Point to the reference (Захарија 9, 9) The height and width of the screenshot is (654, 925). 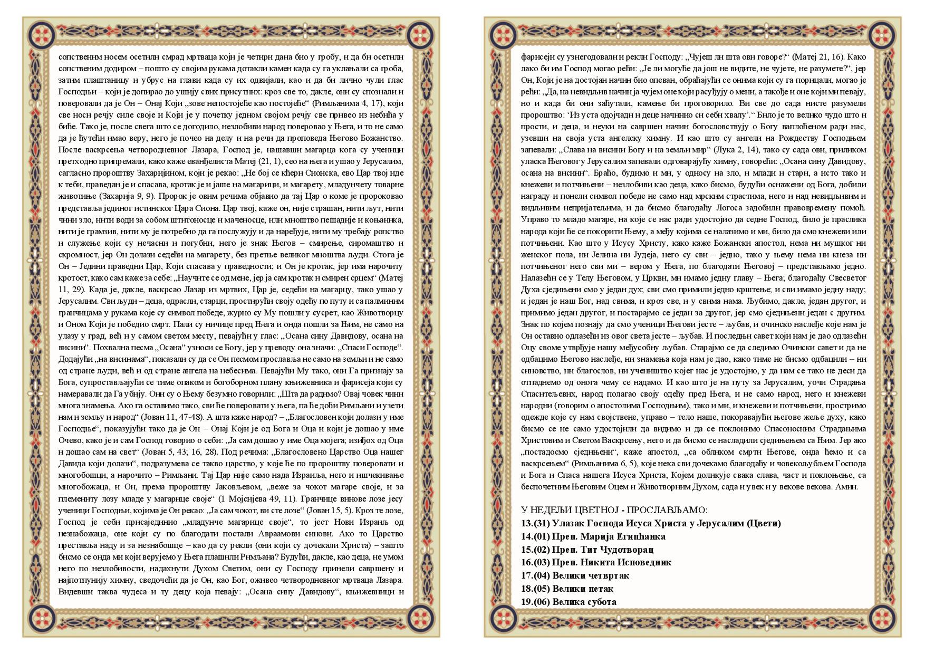(134, 197)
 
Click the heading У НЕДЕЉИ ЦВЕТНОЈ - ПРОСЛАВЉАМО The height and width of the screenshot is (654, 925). (614, 511)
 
